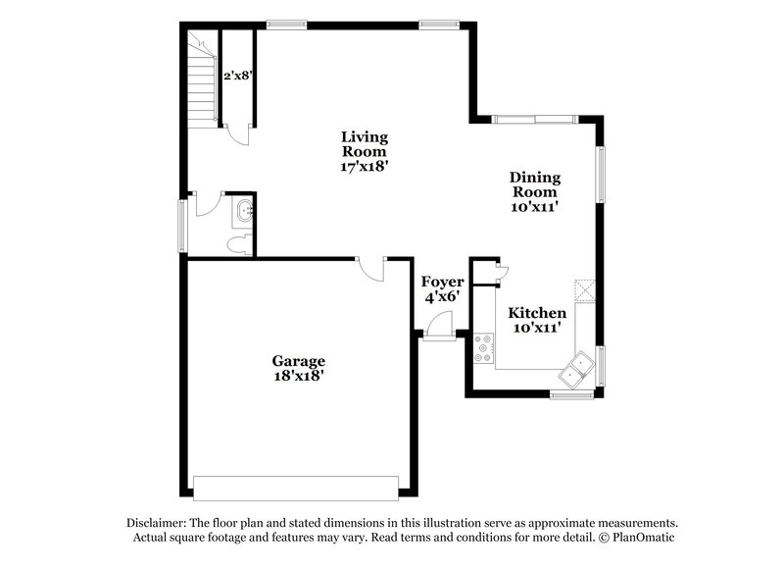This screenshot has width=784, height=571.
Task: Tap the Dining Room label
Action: click(x=534, y=184)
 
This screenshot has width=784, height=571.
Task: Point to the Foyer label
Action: click(x=442, y=282)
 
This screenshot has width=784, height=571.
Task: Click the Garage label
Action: click(x=298, y=360)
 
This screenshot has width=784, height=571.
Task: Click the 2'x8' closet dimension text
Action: click(x=237, y=75)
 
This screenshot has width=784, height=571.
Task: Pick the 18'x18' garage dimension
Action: click(x=298, y=375)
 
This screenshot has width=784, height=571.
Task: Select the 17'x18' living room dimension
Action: click(x=364, y=167)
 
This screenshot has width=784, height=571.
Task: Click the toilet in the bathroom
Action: click(x=238, y=244)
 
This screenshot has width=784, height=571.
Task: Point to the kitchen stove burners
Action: click(x=483, y=348)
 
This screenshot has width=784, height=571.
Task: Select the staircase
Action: click(x=200, y=78)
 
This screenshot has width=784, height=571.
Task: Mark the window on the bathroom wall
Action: click(x=181, y=225)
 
